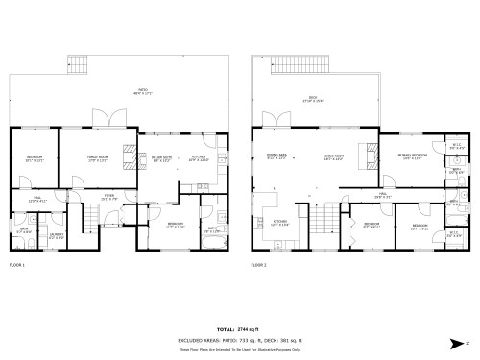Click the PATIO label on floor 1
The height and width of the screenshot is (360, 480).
point(144,92)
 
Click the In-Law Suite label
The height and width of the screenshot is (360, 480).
point(161,159)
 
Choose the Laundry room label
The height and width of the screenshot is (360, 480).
point(57,235)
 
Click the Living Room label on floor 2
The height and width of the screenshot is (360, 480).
point(334,158)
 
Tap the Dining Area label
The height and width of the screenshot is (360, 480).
point(276,158)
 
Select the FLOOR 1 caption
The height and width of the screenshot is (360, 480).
point(17,264)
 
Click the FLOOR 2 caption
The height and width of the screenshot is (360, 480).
point(258,264)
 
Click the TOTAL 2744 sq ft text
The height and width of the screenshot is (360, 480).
point(239,329)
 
